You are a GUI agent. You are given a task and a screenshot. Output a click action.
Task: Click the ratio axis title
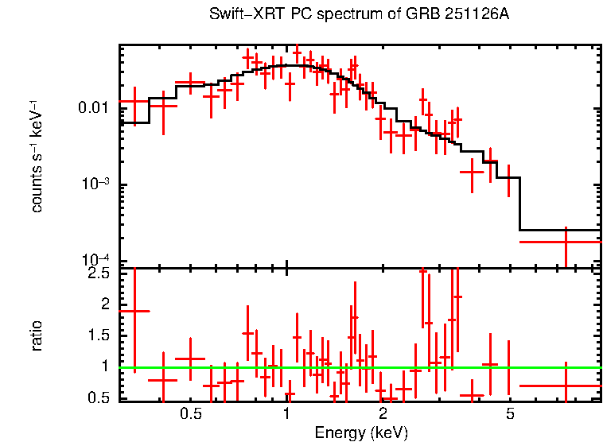[37, 336]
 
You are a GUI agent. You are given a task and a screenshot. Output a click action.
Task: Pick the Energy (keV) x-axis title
[361, 432]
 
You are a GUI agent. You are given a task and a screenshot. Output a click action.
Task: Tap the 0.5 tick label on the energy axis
[190, 414]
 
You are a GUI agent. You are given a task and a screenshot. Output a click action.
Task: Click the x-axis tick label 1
[286, 414]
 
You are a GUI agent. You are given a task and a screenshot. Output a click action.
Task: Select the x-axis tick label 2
[383, 414]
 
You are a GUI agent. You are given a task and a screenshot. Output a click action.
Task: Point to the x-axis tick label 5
[510, 414]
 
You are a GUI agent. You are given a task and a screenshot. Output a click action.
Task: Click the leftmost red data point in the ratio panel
[134, 311]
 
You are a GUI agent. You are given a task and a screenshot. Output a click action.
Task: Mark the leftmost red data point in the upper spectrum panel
[134, 101]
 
